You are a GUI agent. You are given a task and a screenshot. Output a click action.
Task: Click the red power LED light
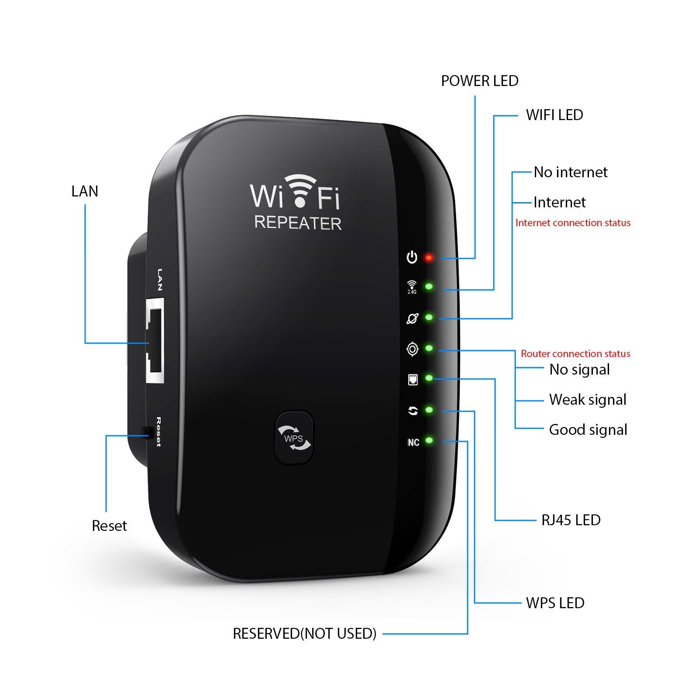429,258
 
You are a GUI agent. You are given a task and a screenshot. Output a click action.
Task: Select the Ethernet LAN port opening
155,341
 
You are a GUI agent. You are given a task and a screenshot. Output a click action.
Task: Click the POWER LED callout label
479,81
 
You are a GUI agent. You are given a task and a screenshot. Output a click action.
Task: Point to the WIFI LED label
554,115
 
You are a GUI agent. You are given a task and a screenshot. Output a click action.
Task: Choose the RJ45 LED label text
571,520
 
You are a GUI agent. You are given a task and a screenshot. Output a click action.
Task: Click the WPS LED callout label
555,603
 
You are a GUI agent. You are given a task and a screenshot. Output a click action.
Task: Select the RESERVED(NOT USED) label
304,634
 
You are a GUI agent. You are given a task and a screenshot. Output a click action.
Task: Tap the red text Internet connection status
573,223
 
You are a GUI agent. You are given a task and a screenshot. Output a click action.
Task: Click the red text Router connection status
575,354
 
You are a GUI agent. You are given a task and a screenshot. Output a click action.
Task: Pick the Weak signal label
588,400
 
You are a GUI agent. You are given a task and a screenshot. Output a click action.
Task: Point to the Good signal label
588,430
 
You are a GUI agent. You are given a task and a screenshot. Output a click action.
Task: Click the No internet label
570,172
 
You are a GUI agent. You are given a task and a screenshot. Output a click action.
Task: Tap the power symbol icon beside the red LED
412,258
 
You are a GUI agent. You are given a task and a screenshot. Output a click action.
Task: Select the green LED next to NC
429,441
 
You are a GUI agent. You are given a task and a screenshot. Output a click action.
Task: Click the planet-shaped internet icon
412,319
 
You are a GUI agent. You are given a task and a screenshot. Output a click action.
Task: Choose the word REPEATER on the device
298,223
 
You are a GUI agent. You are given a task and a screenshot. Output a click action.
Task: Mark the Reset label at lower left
109,526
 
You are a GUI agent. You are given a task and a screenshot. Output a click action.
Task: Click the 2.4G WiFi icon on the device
412,287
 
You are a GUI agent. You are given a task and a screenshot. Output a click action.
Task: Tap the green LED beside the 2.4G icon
429,287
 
